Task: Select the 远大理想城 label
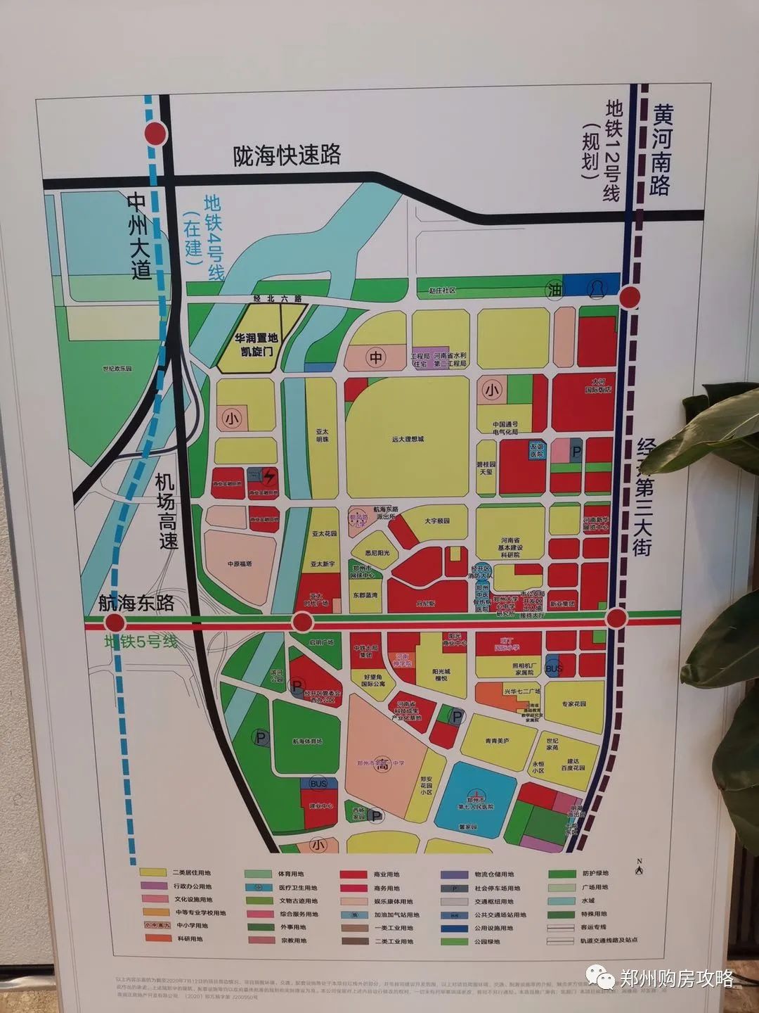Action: click(408, 439)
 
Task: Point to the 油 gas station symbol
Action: click(556, 290)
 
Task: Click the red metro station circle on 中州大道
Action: click(156, 133)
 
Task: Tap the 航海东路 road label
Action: click(136, 603)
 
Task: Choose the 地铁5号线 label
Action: click(141, 642)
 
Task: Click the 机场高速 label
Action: click(167, 511)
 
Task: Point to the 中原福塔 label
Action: click(240, 563)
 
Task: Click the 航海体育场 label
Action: click(307, 741)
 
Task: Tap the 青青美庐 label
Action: click(497, 741)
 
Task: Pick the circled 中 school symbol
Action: click(376, 357)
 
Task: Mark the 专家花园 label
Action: click(573, 703)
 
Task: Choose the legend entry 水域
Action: click(588, 900)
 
